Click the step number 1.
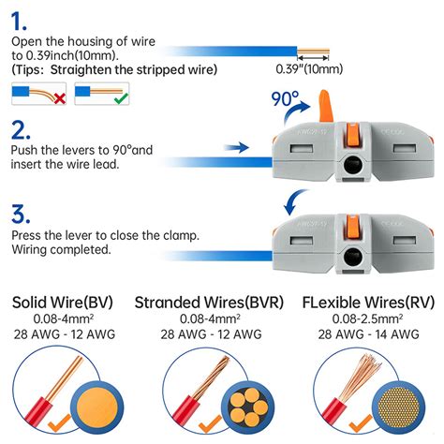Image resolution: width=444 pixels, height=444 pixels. [21, 18]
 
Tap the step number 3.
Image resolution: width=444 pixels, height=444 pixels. [21, 214]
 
